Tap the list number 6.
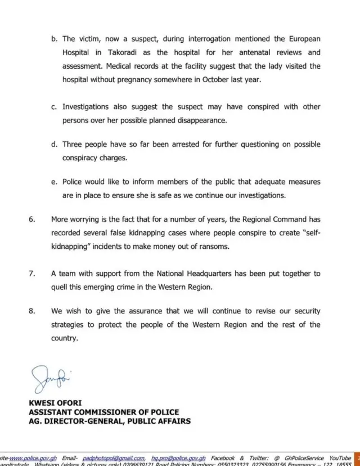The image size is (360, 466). tap(32, 219)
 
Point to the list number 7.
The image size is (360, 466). tap(32, 274)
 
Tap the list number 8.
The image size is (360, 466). tap(32, 311)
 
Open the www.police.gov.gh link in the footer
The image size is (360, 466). tap(34, 459)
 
